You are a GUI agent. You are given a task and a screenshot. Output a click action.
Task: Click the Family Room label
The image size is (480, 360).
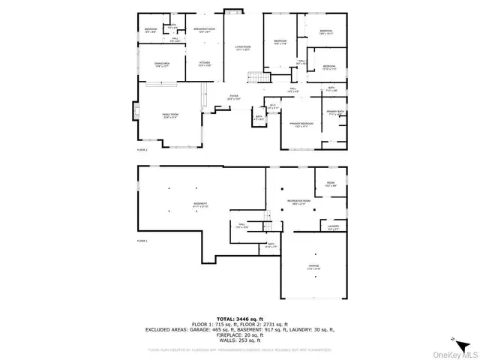click(x=170, y=115)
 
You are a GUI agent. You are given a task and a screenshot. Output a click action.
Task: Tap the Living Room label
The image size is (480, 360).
click(x=241, y=49)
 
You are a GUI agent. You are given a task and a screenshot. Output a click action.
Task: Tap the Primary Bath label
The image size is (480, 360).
click(x=334, y=113)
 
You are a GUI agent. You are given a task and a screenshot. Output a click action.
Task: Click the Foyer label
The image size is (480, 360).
click(x=234, y=97)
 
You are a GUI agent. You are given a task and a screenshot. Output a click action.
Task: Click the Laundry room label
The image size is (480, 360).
click(x=333, y=227)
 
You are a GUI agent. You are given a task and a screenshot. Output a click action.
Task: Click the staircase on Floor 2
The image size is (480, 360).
click(x=258, y=78)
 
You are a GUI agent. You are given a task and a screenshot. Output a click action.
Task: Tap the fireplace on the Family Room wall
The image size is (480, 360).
click(x=135, y=115)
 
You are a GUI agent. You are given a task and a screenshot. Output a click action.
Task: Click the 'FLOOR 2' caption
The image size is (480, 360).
click(x=142, y=150)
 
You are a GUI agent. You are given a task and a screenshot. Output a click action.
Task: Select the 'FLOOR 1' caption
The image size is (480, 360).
click(x=142, y=241)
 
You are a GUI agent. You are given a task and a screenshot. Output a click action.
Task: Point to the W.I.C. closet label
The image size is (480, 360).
click(x=274, y=106)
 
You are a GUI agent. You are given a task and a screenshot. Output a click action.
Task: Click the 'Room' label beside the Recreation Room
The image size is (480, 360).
click(x=330, y=184)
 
